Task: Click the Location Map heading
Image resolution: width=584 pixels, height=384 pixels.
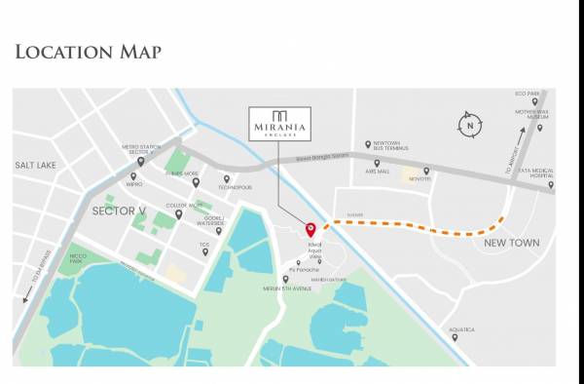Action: pyautogui.click(x=88, y=52)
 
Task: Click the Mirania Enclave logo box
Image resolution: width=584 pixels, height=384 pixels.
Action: pyautogui.click(x=280, y=124)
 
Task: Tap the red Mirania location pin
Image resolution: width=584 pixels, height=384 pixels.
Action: pyautogui.click(x=311, y=230)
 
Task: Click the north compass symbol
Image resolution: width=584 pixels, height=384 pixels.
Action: pyautogui.click(x=470, y=125)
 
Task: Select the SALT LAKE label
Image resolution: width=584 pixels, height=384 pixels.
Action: pyautogui.click(x=35, y=166)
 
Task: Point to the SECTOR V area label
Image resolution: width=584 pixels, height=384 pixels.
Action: pyautogui.click(x=119, y=211)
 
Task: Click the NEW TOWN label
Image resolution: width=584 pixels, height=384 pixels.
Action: pyautogui.click(x=511, y=243)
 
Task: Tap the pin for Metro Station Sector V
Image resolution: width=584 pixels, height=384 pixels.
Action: pyautogui.click(x=140, y=162)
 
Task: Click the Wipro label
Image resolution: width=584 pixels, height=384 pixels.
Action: pyautogui.click(x=134, y=182)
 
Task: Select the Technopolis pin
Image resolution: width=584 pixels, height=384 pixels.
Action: pyautogui.click(x=227, y=178)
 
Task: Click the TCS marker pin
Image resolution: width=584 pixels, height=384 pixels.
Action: pyautogui.click(x=205, y=252)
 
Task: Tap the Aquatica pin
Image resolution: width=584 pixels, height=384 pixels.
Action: pyautogui.click(x=455, y=337)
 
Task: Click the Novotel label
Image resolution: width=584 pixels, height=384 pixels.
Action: pyautogui.click(x=420, y=179)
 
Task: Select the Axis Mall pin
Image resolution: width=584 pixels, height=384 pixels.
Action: pyautogui.click(x=377, y=163)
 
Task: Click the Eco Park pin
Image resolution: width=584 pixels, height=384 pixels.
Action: pyautogui.click(x=534, y=101)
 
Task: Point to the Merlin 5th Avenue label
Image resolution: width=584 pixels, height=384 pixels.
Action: pyautogui.click(x=285, y=289)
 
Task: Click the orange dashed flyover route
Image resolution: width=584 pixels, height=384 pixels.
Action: pyautogui.click(x=419, y=229)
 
